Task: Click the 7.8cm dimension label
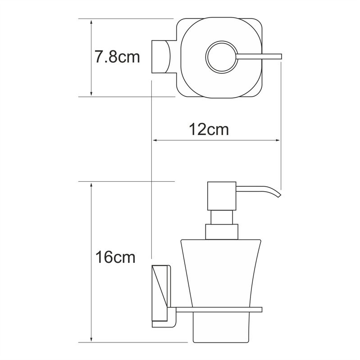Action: click(117, 57)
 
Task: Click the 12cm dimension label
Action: click(208, 130)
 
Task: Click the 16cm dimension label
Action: click(115, 257)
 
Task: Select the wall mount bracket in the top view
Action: click(161, 57)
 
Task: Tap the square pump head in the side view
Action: click(221, 196)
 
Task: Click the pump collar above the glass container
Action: click(221, 231)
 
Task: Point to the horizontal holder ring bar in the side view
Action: click(216, 310)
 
